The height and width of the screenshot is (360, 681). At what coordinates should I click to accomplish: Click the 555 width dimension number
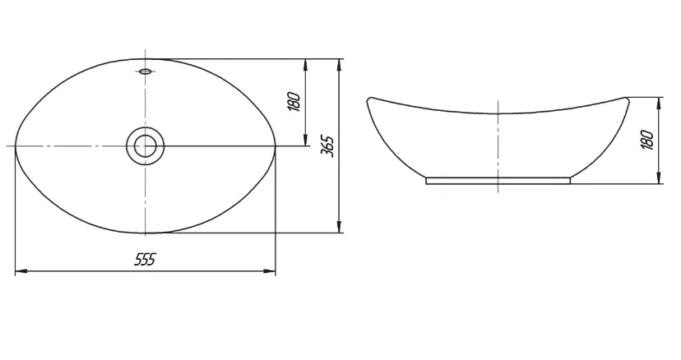pos(145,260)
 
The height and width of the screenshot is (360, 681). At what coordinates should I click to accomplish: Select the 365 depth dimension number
pos(327,146)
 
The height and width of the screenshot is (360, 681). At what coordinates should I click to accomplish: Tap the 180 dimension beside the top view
pos(294,102)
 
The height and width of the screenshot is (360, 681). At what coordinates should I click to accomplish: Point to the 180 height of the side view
pos(647,140)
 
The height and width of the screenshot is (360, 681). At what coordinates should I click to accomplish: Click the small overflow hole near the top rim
pos(146,71)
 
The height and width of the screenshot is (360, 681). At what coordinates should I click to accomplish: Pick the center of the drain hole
pos(145,146)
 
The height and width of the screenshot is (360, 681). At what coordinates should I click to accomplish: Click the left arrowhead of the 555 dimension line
pos(21,271)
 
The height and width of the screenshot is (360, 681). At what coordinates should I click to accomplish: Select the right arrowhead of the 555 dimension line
pos(269,271)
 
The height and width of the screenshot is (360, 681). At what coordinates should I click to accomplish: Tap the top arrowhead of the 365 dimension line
pos(339,65)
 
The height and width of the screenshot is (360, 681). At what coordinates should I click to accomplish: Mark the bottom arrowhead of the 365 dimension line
pos(339,226)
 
